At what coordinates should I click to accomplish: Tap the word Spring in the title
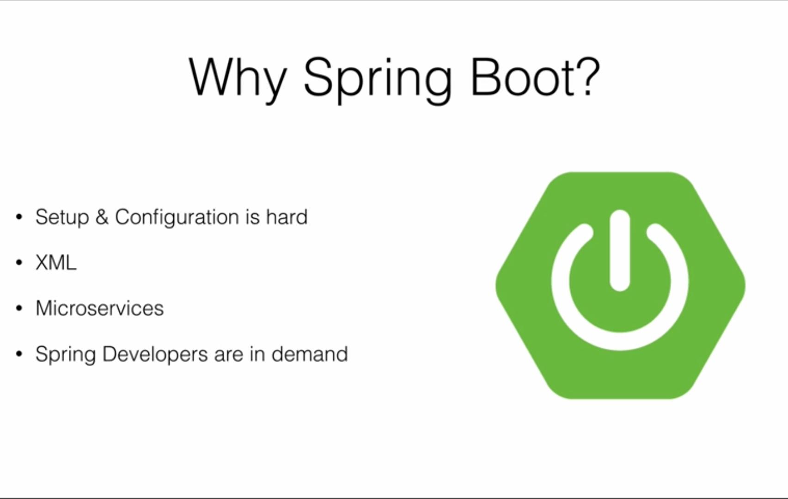click(378, 80)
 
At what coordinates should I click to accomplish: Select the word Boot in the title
click(523, 77)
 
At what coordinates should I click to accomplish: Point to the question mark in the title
click(588, 76)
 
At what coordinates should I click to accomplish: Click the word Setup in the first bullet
click(62, 217)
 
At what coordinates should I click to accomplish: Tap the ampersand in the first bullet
click(102, 216)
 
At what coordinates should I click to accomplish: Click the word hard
click(287, 216)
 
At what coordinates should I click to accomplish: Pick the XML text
click(56, 263)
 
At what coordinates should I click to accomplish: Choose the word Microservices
click(99, 308)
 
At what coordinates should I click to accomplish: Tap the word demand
click(310, 354)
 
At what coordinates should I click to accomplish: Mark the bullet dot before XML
click(19, 263)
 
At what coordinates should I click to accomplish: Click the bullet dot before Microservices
click(19, 308)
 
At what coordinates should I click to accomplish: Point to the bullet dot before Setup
click(19, 217)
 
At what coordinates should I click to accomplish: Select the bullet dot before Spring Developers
click(19, 354)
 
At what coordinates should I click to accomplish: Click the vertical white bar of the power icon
click(619, 251)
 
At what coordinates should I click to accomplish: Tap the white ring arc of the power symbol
click(620, 341)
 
